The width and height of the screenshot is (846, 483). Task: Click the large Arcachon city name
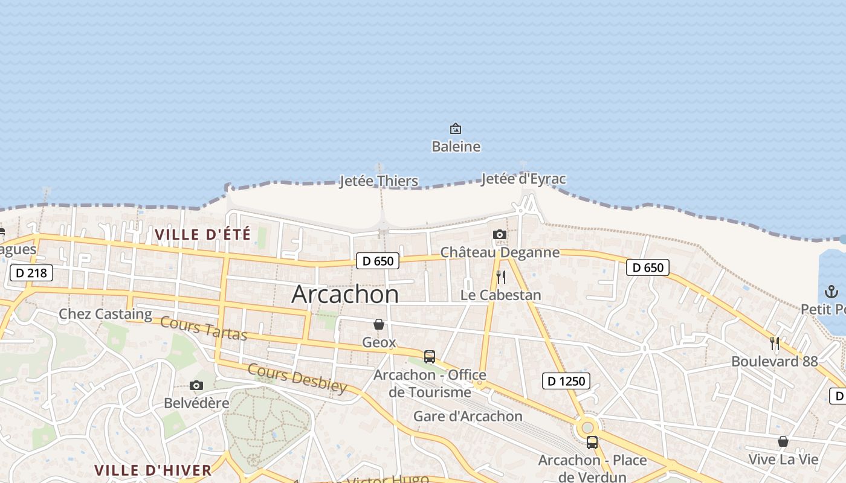pos(345,294)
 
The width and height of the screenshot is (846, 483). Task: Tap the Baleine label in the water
pos(456,147)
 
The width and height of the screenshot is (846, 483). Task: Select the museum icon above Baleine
pos(456,129)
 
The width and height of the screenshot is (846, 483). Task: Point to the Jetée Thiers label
pos(378,181)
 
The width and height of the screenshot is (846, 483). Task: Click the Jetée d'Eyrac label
pos(523,179)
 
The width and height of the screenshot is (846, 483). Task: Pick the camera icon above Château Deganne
pos(499,235)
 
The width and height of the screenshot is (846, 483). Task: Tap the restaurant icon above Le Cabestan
pos(500,277)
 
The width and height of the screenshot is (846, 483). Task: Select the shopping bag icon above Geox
pos(379,325)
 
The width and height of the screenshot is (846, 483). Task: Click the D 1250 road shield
pos(566,381)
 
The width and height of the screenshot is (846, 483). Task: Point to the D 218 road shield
pos(31,273)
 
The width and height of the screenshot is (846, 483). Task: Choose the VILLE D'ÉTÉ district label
pos(202,235)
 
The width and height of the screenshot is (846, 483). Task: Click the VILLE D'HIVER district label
pos(153,470)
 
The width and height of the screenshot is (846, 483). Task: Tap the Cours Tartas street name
pos(204,329)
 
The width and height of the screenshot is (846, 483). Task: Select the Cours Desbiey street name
pos(297,378)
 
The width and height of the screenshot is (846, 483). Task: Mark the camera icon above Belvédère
pos(196,386)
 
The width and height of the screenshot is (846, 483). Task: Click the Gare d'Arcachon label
pos(468,416)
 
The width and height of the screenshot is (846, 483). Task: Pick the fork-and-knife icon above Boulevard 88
pos(775,344)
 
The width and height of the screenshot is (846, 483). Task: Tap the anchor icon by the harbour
pos(831,292)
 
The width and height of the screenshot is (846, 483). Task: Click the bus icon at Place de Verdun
pos(592,443)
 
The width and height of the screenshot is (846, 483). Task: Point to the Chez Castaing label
pos(105,314)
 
